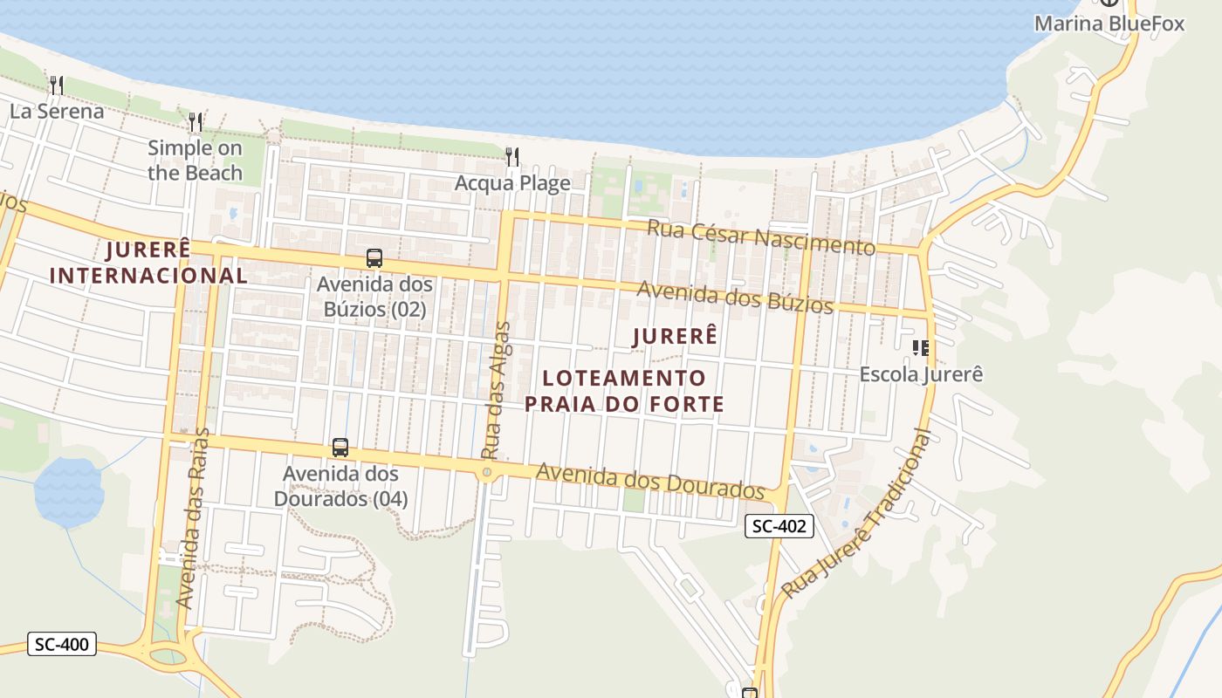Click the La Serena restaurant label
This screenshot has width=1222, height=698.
pos(57,111)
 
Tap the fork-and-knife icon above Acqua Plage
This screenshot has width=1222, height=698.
pos(512,157)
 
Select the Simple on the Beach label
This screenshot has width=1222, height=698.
pos(195,161)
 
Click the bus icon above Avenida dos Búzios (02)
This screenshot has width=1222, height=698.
pos(374,258)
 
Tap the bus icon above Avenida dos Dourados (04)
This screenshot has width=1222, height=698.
pos(340,448)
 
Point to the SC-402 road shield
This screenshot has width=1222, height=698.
pos(779,526)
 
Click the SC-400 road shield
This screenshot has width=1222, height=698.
pos(61,645)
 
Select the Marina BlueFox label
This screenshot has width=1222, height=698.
pos(1109,24)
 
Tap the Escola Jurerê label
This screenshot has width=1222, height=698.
pos(921,374)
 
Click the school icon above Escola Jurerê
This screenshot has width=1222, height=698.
pos(920,349)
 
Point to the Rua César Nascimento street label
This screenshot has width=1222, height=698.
pos(760,236)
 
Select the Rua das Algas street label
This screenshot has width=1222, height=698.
pos(496,391)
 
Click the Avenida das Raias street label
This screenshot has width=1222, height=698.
pos(194,518)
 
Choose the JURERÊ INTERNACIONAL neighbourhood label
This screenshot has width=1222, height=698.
pos(148,263)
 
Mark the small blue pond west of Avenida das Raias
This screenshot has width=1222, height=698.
pos(69,492)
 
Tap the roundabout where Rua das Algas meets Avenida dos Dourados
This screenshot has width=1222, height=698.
pos(487,472)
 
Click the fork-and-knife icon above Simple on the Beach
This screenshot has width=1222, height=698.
pos(196,122)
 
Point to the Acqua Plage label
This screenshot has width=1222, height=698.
pos(512,183)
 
